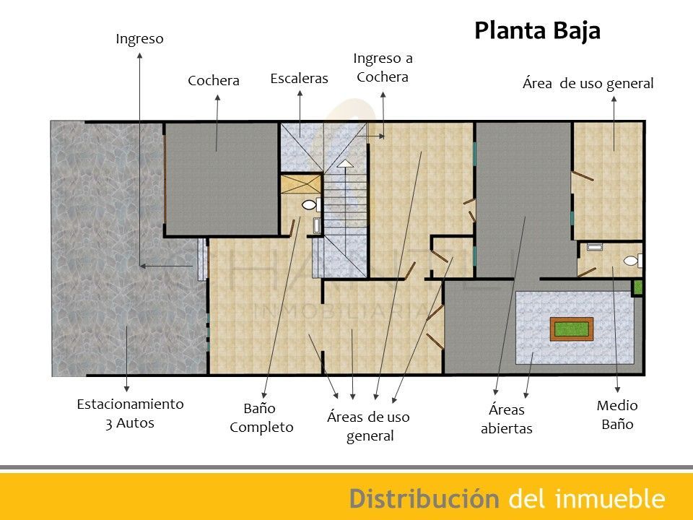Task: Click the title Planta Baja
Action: click(537, 32)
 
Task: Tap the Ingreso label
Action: click(140, 39)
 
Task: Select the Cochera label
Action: click(213, 80)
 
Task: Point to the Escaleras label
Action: click(299, 78)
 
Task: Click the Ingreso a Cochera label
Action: click(383, 67)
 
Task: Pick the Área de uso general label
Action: click(587, 84)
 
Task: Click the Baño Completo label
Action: click(261, 417)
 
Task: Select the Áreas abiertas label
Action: click(506, 419)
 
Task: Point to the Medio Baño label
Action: click(617, 415)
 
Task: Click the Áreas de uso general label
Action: click(368, 426)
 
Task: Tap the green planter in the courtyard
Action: click(571, 329)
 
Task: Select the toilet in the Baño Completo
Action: click(310, 205)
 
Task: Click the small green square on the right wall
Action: click(637, 287)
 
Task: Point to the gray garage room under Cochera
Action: click(221, 178)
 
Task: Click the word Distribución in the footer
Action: click(424, 498)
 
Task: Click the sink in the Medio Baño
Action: click(594, 247)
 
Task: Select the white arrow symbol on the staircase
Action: click(346, 165)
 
